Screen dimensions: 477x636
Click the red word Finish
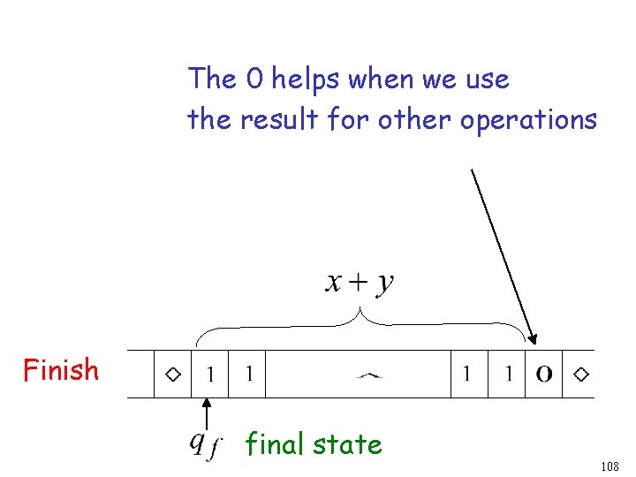(61, 369)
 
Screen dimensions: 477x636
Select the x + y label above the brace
(360, 283)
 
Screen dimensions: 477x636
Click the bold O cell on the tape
(545, 375)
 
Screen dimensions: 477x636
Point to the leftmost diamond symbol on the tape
(174, 375)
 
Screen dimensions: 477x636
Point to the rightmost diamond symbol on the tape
(580, 375)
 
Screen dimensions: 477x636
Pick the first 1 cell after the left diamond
(209, 375)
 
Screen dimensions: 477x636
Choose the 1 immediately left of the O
(509, 375)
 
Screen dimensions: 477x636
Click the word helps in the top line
(307, 79)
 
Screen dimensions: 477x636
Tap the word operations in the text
(528, 119)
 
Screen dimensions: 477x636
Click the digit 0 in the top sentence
(254, 79)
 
